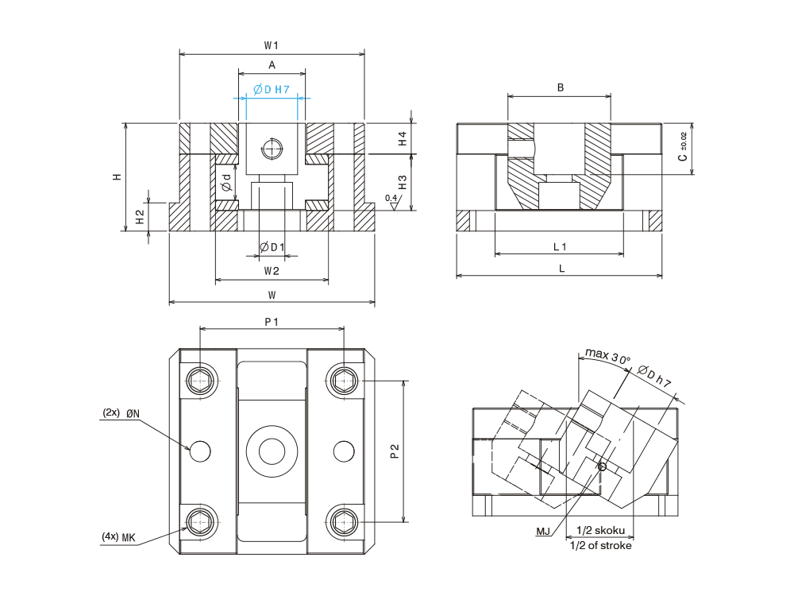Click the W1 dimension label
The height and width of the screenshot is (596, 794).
[272, 45]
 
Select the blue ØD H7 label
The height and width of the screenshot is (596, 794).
[271, 89]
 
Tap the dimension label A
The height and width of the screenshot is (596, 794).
[272, 65]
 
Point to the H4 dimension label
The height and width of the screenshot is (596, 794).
[403, 138]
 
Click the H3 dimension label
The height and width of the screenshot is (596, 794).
[403, 182]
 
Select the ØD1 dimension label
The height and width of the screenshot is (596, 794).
[272, 248]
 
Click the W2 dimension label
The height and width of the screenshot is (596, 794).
[272, 271]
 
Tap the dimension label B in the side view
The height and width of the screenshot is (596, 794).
[560, 87]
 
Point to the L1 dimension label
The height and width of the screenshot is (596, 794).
[560, 246]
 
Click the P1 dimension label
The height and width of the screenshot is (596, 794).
[272, 320]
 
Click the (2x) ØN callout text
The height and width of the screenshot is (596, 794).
[121, 413]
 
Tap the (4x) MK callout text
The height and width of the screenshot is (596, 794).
[119, 537]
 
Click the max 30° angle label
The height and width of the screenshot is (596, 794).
[607, 355]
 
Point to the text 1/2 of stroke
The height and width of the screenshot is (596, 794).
[601, 545]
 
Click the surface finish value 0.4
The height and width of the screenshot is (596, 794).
[391, 197]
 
